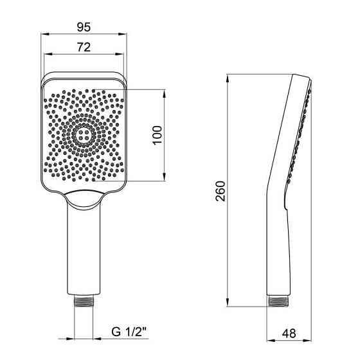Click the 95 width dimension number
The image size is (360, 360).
coord(84,26)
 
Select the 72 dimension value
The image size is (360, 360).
coord(84,46)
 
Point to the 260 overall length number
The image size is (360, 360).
coord(221,192)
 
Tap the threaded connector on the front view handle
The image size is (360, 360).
coord(84,301)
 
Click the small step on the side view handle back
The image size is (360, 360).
coord(285,207)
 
